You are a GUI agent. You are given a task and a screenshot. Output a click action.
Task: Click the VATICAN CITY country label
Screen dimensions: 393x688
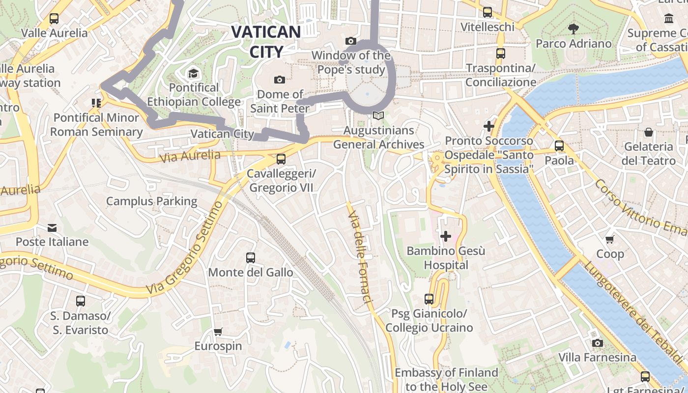point(266,42)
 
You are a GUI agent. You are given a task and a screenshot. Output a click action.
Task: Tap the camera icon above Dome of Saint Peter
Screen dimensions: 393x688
point(279,80)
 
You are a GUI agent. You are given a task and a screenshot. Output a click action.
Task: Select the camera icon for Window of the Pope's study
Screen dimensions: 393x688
point(350,41)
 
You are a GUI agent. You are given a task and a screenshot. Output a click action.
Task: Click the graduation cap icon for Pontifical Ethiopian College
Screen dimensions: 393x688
point(193,74)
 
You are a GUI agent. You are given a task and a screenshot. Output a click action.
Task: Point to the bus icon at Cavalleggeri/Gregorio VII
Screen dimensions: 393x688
point(281,159)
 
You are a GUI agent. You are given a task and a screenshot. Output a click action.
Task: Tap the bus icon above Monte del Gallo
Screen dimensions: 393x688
point(250,258)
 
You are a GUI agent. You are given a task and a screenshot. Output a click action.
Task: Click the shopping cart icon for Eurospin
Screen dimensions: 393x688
point(218,332)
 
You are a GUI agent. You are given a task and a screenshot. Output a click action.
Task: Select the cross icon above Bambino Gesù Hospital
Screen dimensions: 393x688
point(446,237)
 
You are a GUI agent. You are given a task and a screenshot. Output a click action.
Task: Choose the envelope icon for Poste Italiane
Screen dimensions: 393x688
point(52,228)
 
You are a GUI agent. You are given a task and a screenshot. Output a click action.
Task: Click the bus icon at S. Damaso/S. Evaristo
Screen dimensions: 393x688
point(80,301)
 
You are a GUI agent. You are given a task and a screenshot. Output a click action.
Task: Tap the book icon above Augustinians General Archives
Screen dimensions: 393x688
point(378,116)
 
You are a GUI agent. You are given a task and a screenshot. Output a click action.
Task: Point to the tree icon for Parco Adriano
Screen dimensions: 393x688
point(573,28)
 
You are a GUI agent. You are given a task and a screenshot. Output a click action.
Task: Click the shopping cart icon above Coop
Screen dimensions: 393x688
point(610,239)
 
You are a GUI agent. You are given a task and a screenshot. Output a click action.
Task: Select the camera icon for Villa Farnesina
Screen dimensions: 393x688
point(597,343)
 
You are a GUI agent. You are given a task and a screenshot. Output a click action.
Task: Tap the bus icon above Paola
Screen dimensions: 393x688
point(559,146)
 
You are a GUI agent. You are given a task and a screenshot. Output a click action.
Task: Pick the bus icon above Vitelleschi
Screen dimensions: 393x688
point(487,12)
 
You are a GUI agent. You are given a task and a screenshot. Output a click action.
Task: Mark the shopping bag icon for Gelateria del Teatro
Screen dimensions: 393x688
point(649,132)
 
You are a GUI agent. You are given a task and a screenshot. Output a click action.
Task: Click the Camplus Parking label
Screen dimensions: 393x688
point(151,201)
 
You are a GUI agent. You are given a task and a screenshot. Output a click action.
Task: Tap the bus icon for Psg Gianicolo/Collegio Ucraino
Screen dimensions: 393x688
point(429,299)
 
